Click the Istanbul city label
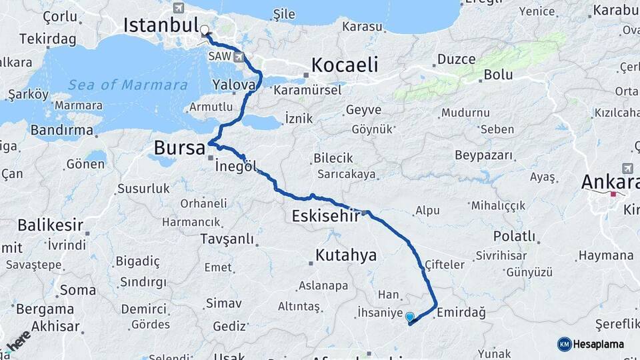[x=161, y=26]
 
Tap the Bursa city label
[x=179, y=147]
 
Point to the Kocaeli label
[x=345, y=65]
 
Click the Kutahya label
[x=346, y=255]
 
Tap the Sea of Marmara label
[x=127, y=85]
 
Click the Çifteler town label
[x=444, y=265]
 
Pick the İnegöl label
[x=236, y=166]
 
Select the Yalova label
[x=234, y=85]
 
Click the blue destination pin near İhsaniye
[x=409, y=318]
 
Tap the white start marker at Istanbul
[x=204, y=31]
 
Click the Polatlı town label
[x=514, y=237]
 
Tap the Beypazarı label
[x=484, y=155]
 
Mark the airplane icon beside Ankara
[x=627, y=168]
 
